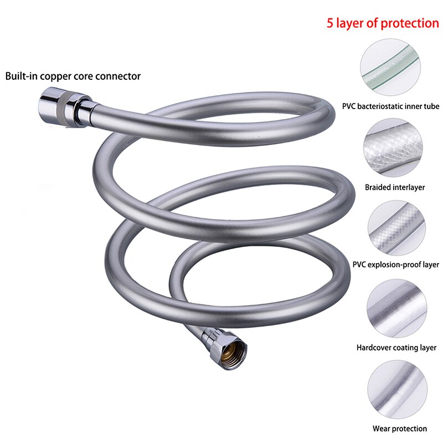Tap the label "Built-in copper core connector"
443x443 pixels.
73,76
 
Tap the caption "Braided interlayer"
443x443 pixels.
395,187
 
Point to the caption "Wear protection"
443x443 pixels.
399,428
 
